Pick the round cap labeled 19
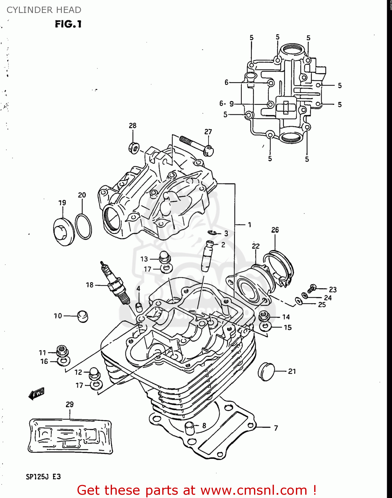pyautogui.click(x=64, y=231)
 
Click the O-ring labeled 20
pyautogui.click(x=83, y=227)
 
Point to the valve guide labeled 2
pyautogui.click(x=207, y=256)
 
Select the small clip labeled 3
pyautogui.click(x=213, y=233)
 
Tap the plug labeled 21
pyautogui.click(x=267, y=372)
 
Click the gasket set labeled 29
pyautogui.click(x=70, y=436)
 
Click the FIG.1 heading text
pyautogui.click(x=68, y=24)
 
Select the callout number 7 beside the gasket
pyautogui.click(x=276, y=428)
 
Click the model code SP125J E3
pyautogui.click(x=43, y=477)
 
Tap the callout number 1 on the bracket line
pyautogui.click(x=249, y=225)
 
